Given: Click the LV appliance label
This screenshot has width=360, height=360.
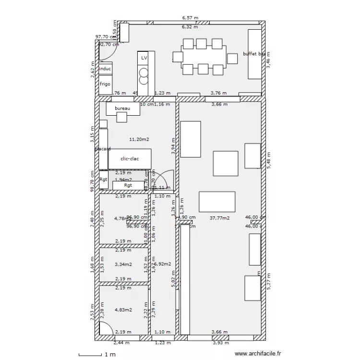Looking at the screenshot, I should click(x=144, y=58).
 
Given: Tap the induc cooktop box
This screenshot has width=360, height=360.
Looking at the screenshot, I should click(x=105, y=69).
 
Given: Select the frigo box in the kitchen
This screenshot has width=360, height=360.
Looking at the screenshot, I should click(x=105, y=84).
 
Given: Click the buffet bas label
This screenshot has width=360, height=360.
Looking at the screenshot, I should click(x=253, y=54).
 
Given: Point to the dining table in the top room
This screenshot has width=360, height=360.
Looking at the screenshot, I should click(x=204, y=57).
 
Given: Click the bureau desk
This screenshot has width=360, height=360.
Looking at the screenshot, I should click(x=123, y=109).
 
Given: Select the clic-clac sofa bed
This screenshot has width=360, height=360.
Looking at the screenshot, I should click(x=130, y=158).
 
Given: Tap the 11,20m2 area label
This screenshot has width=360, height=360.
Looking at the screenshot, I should click(x=139, y=139).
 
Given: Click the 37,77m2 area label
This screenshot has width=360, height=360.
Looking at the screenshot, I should click(x=219, y=218).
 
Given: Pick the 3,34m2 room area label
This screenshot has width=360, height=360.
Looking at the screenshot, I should click(x=123, y=264).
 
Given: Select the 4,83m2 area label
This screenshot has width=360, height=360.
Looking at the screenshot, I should click(x=123, y=310).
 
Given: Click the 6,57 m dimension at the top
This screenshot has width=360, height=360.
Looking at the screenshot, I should click(x=190, y=18).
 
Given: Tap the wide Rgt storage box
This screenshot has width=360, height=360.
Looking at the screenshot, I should click(x=128, y=185).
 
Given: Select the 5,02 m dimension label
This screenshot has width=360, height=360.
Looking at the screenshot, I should click(x=174, y=280).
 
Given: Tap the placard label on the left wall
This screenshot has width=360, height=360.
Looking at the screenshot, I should click(x=103, y=149).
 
